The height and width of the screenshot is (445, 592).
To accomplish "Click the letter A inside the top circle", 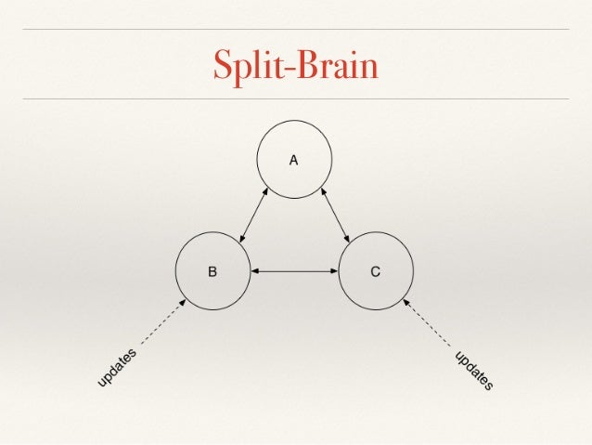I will (x=293, y=160).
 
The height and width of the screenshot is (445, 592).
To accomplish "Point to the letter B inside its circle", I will (x=212, y=272).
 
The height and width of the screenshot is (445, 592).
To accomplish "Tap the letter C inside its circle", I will (x=376, y=272).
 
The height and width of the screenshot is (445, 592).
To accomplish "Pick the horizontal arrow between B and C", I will (x=294, y=271).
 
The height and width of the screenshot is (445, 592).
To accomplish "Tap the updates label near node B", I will (x=118, y=368).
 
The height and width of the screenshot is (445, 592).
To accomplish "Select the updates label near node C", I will (x=473, y=370).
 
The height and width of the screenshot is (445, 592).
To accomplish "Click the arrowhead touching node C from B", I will (x=334, y=271).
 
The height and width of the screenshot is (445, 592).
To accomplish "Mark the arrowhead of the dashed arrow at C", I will (x=406, y=302).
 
